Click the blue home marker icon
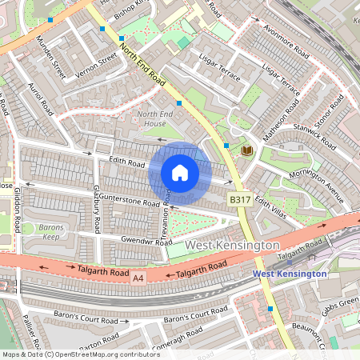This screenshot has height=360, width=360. coord(180,173)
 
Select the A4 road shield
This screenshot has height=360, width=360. coord(138,278)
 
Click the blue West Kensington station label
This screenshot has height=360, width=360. coord(290,274)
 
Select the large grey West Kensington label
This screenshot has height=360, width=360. coord(232,245)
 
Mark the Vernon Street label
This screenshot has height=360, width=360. coord(98,62)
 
